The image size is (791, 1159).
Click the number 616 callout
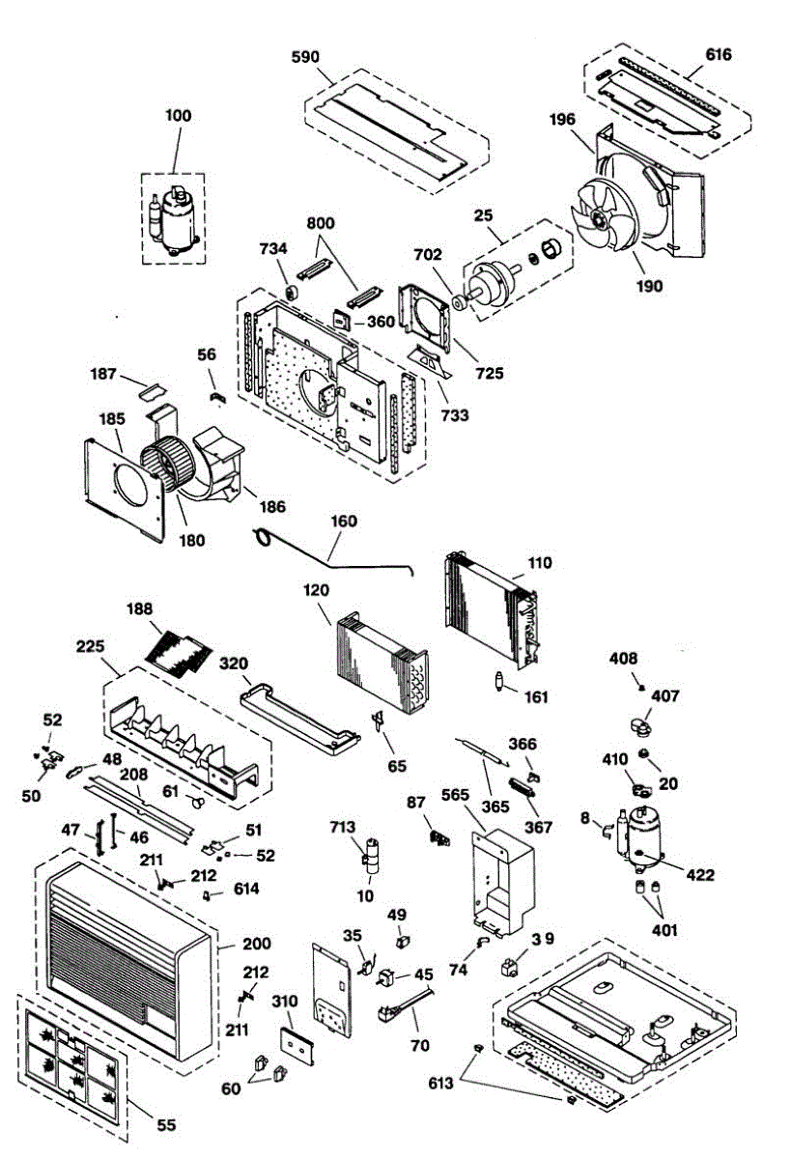click(x=719, y=56)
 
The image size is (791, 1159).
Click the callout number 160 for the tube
click(x=344, y=522)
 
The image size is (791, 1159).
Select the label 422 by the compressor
click(x=700, y=875)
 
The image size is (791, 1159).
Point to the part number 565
click(x=455, y=795)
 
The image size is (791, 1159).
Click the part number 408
click(x=623, y=659)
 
